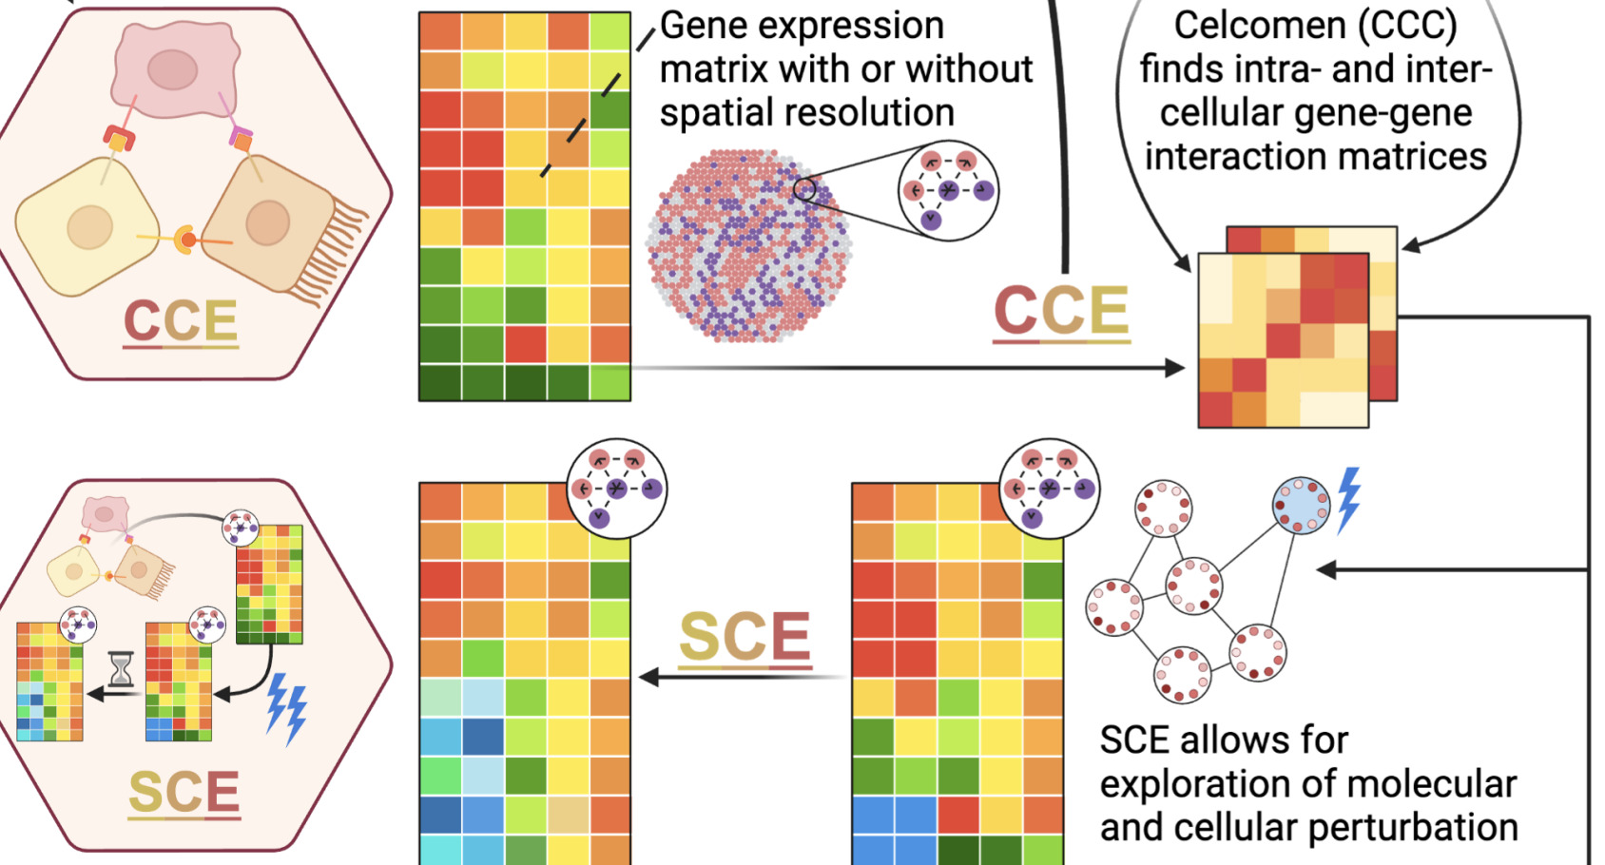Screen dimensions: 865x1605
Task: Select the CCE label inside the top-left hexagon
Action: (x=181, y=321)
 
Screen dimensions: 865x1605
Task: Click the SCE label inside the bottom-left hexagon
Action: (x=184, y=792)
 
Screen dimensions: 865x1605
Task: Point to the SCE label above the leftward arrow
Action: (x=745, y=636)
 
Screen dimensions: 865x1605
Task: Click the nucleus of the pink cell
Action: (x=173, y=69)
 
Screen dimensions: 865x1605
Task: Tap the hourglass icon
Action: (x=121, y=669)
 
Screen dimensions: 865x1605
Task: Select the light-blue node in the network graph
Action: (x=1301, y=505)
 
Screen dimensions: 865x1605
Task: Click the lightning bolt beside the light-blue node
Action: (x=1349, y=498)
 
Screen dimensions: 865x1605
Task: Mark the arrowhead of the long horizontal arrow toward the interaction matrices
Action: (x=1175, y=368)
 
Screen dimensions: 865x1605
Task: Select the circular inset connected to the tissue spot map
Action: (x=947, y=191)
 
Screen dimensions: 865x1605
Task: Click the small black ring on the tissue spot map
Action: (x=804, y=189)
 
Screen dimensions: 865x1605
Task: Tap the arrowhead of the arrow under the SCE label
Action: (x=649, y=677)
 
